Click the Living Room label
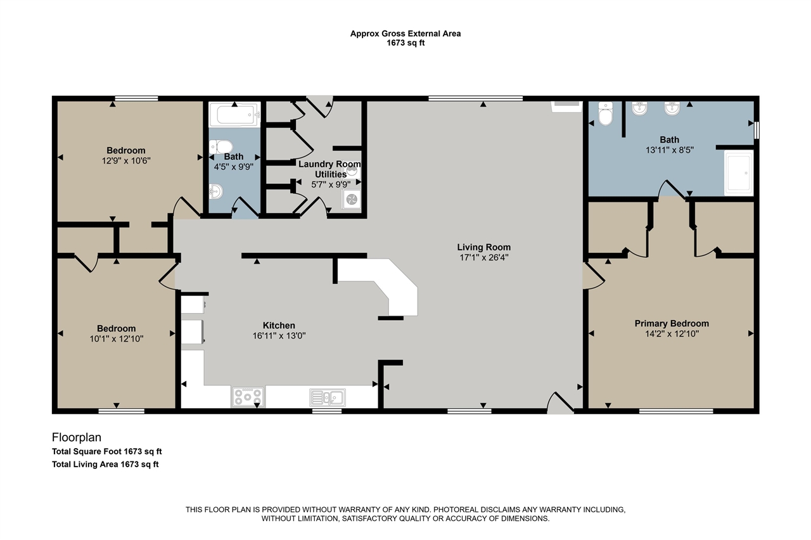(483, 247)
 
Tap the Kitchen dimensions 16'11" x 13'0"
(279, 336)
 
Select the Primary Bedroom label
(672, 323)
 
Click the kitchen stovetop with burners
(248, 396)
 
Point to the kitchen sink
(328, 397)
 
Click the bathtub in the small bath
(234, 115)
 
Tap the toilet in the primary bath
(605, 113)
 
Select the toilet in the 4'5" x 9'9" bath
(221, 147)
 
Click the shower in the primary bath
(739, 173)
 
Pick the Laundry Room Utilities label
(330, 169)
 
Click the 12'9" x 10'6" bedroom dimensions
(126, 161)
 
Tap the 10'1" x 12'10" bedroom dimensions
(116, 339)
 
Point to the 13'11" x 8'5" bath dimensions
(670, 150)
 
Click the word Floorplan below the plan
(77, 437)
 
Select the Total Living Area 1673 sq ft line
(105, 465)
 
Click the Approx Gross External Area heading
(405, 34)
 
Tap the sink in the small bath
(216, 191)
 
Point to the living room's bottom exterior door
(561, 403)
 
